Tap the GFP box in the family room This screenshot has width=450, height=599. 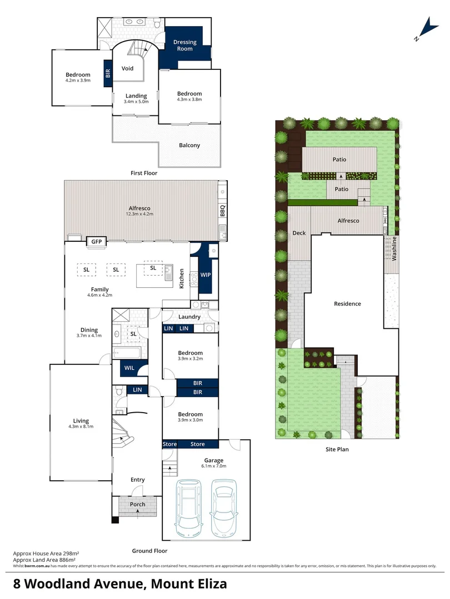tap(97, 242)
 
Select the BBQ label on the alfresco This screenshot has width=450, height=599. tap(223, 211)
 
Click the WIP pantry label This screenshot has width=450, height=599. tap(205, 275)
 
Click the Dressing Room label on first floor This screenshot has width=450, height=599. tap(185, 45)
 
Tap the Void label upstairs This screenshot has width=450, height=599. tap(128, 69)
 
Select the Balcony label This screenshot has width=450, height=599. tap(189, 145)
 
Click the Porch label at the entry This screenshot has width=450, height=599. tap(137, 504)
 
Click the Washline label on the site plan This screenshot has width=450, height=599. tap(394, 248)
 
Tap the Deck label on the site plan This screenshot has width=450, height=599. tap(299, 233)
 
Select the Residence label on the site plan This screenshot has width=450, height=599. tap(347, 303)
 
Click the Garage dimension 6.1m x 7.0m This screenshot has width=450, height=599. tap(214, 467)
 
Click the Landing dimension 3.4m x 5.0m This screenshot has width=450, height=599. tap(136, 102)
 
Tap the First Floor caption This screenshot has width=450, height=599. tap(144, 173)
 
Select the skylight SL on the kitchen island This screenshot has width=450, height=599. tap(153, 268)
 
